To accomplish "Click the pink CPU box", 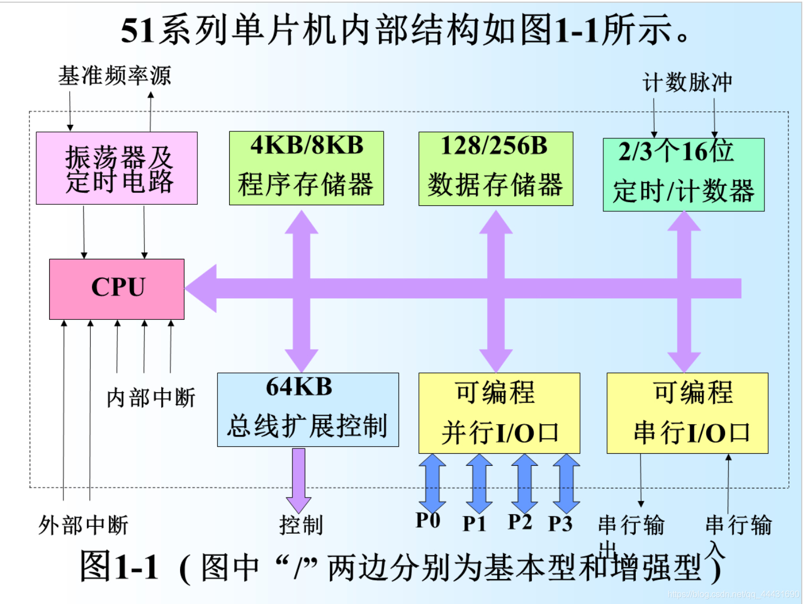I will (x=117, y=288).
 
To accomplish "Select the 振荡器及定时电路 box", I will (x=117, y=168).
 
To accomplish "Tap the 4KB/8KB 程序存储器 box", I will (x=306, y=168).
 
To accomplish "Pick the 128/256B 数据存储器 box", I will (x=495, y=169).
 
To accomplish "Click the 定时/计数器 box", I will (x=683, y=175).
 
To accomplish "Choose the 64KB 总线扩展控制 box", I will (x=308, y=410).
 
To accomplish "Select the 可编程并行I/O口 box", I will (x=499, y=413).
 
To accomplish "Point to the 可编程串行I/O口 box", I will (x=687, y=413).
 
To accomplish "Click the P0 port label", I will (x=428, y=520).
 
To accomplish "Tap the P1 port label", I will (x=474, y=524).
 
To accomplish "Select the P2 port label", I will (x=520, y=522).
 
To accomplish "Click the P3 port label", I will (x=560, y=524).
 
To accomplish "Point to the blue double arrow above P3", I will (x=566, y=483).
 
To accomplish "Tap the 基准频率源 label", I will (x=115, y=76).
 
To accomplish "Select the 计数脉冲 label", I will (x=687, y=83).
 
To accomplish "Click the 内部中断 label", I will (x=151, y=398).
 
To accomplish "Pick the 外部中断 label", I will (x=83, y=525).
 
